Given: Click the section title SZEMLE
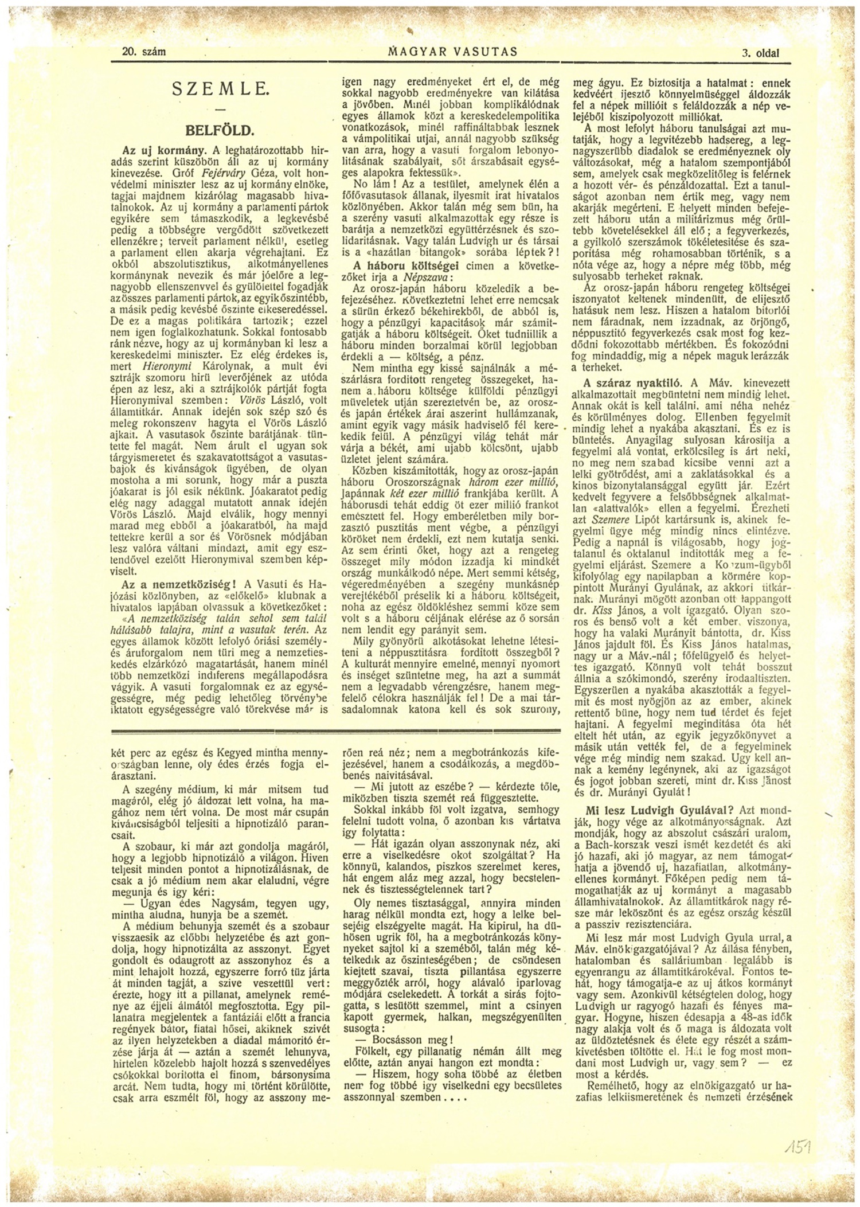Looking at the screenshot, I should (220, 89).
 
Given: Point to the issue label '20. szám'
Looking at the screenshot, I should (144, 52).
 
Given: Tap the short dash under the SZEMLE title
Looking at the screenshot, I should (220, 109).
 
